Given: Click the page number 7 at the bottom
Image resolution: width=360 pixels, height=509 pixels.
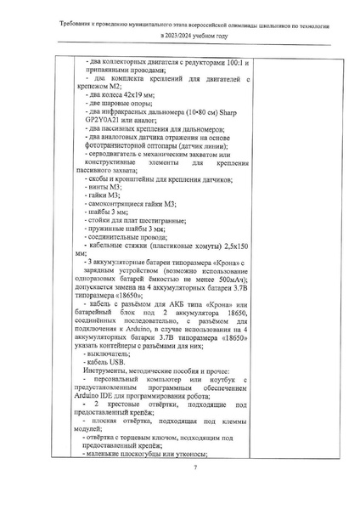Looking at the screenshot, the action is [194, 468].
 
